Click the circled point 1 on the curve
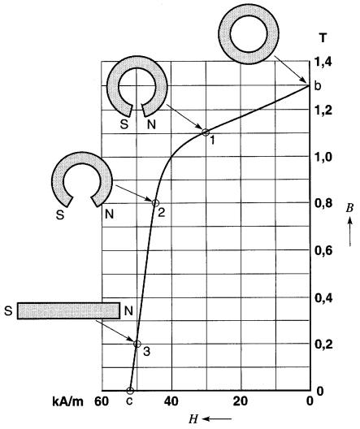pyautogui.click(x=206, y=132)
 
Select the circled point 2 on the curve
pyautogui.click(x=155, y=203)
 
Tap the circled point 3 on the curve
pyautogui.click(x=137, y=344)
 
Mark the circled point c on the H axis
pyautogui.click(x=130, y=391)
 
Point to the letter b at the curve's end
pyautogui.click(x=317, y=86)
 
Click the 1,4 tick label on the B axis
pyautogui.click(x=323, y=62)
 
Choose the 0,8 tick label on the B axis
pyautogui.click(x=323, y=203)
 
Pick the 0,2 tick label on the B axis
pyautogui.click(x=323, y=344)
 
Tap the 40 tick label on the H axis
pyautogui.click(x=171, y=401)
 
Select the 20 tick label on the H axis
pyautogui.click(x=241, y=401)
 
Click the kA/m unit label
pyautogui.click(x=67, y=401)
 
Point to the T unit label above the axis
pyautogui.click(x=323, y=37)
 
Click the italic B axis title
pyautogui.click(x=349, y=208)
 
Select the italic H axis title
pyautogui.click(x=193, y=419)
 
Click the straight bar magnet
pyautogui.click(x=68, y=310)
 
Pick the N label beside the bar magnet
pyautogui.click(x=128, y=311)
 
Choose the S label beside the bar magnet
pyautogui.click(x=8, y=311)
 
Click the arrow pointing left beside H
pyautogui.click(x=217, y=418)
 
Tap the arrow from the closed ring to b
pyautogui.click(x=290, y=69)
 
